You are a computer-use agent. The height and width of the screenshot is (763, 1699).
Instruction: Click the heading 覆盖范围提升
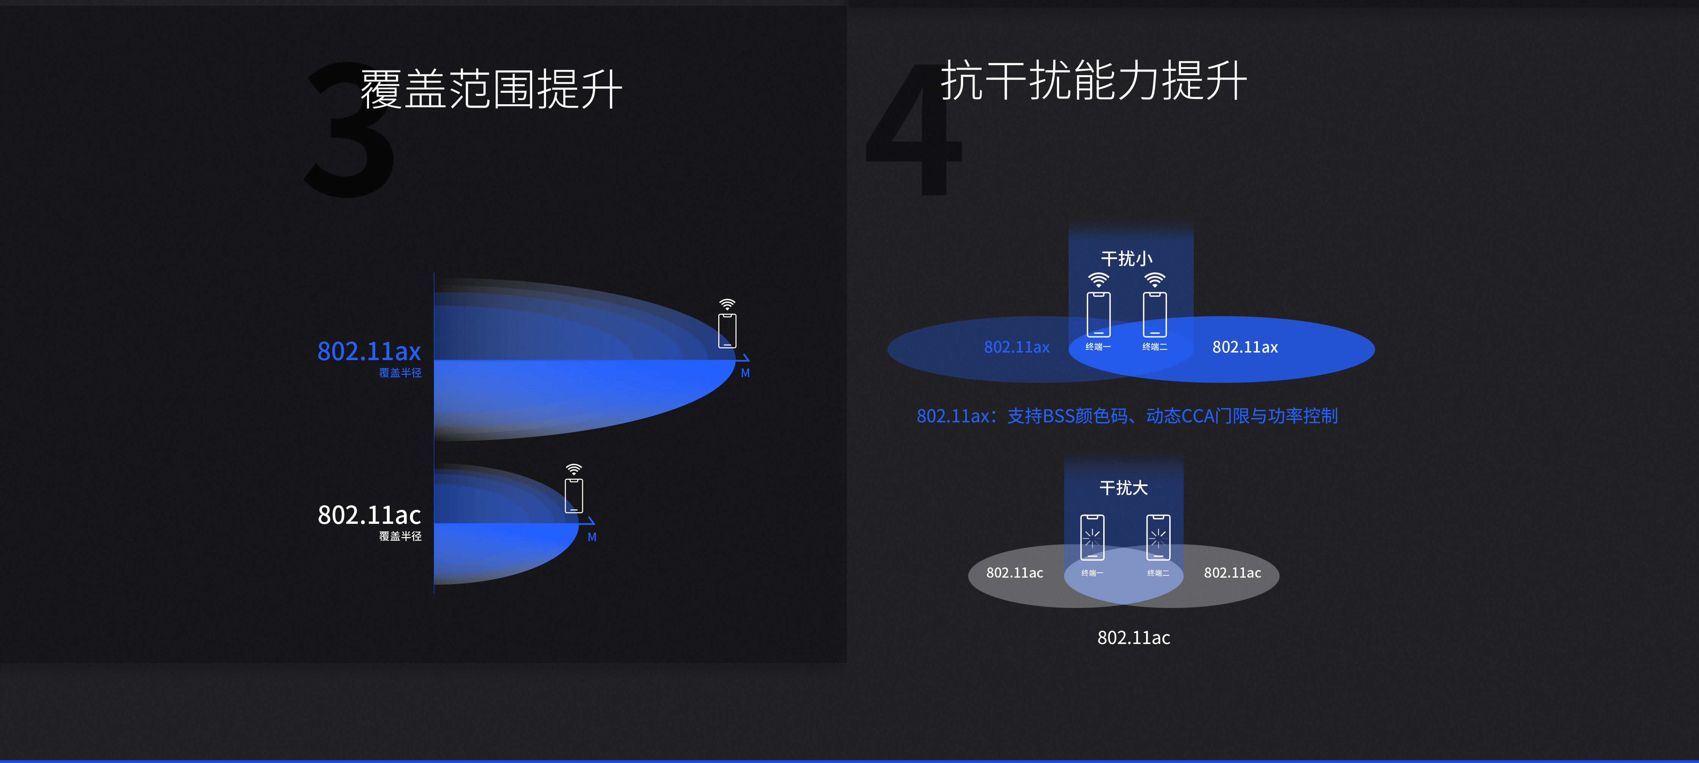tap(491, 89)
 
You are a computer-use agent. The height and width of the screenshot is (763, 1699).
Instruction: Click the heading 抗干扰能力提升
tap(1093, 80)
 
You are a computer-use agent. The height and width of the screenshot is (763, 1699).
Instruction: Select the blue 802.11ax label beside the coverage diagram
tap(369, 351)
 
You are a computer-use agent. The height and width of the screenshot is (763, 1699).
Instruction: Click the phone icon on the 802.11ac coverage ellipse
tap(574, 495)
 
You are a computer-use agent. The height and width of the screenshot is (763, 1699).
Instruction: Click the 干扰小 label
tap(1126, 259)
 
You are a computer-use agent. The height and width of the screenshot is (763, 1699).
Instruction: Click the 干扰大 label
tap(1123, 488)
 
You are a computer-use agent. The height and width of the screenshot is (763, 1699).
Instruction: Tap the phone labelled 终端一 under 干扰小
tap(1098, 315)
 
